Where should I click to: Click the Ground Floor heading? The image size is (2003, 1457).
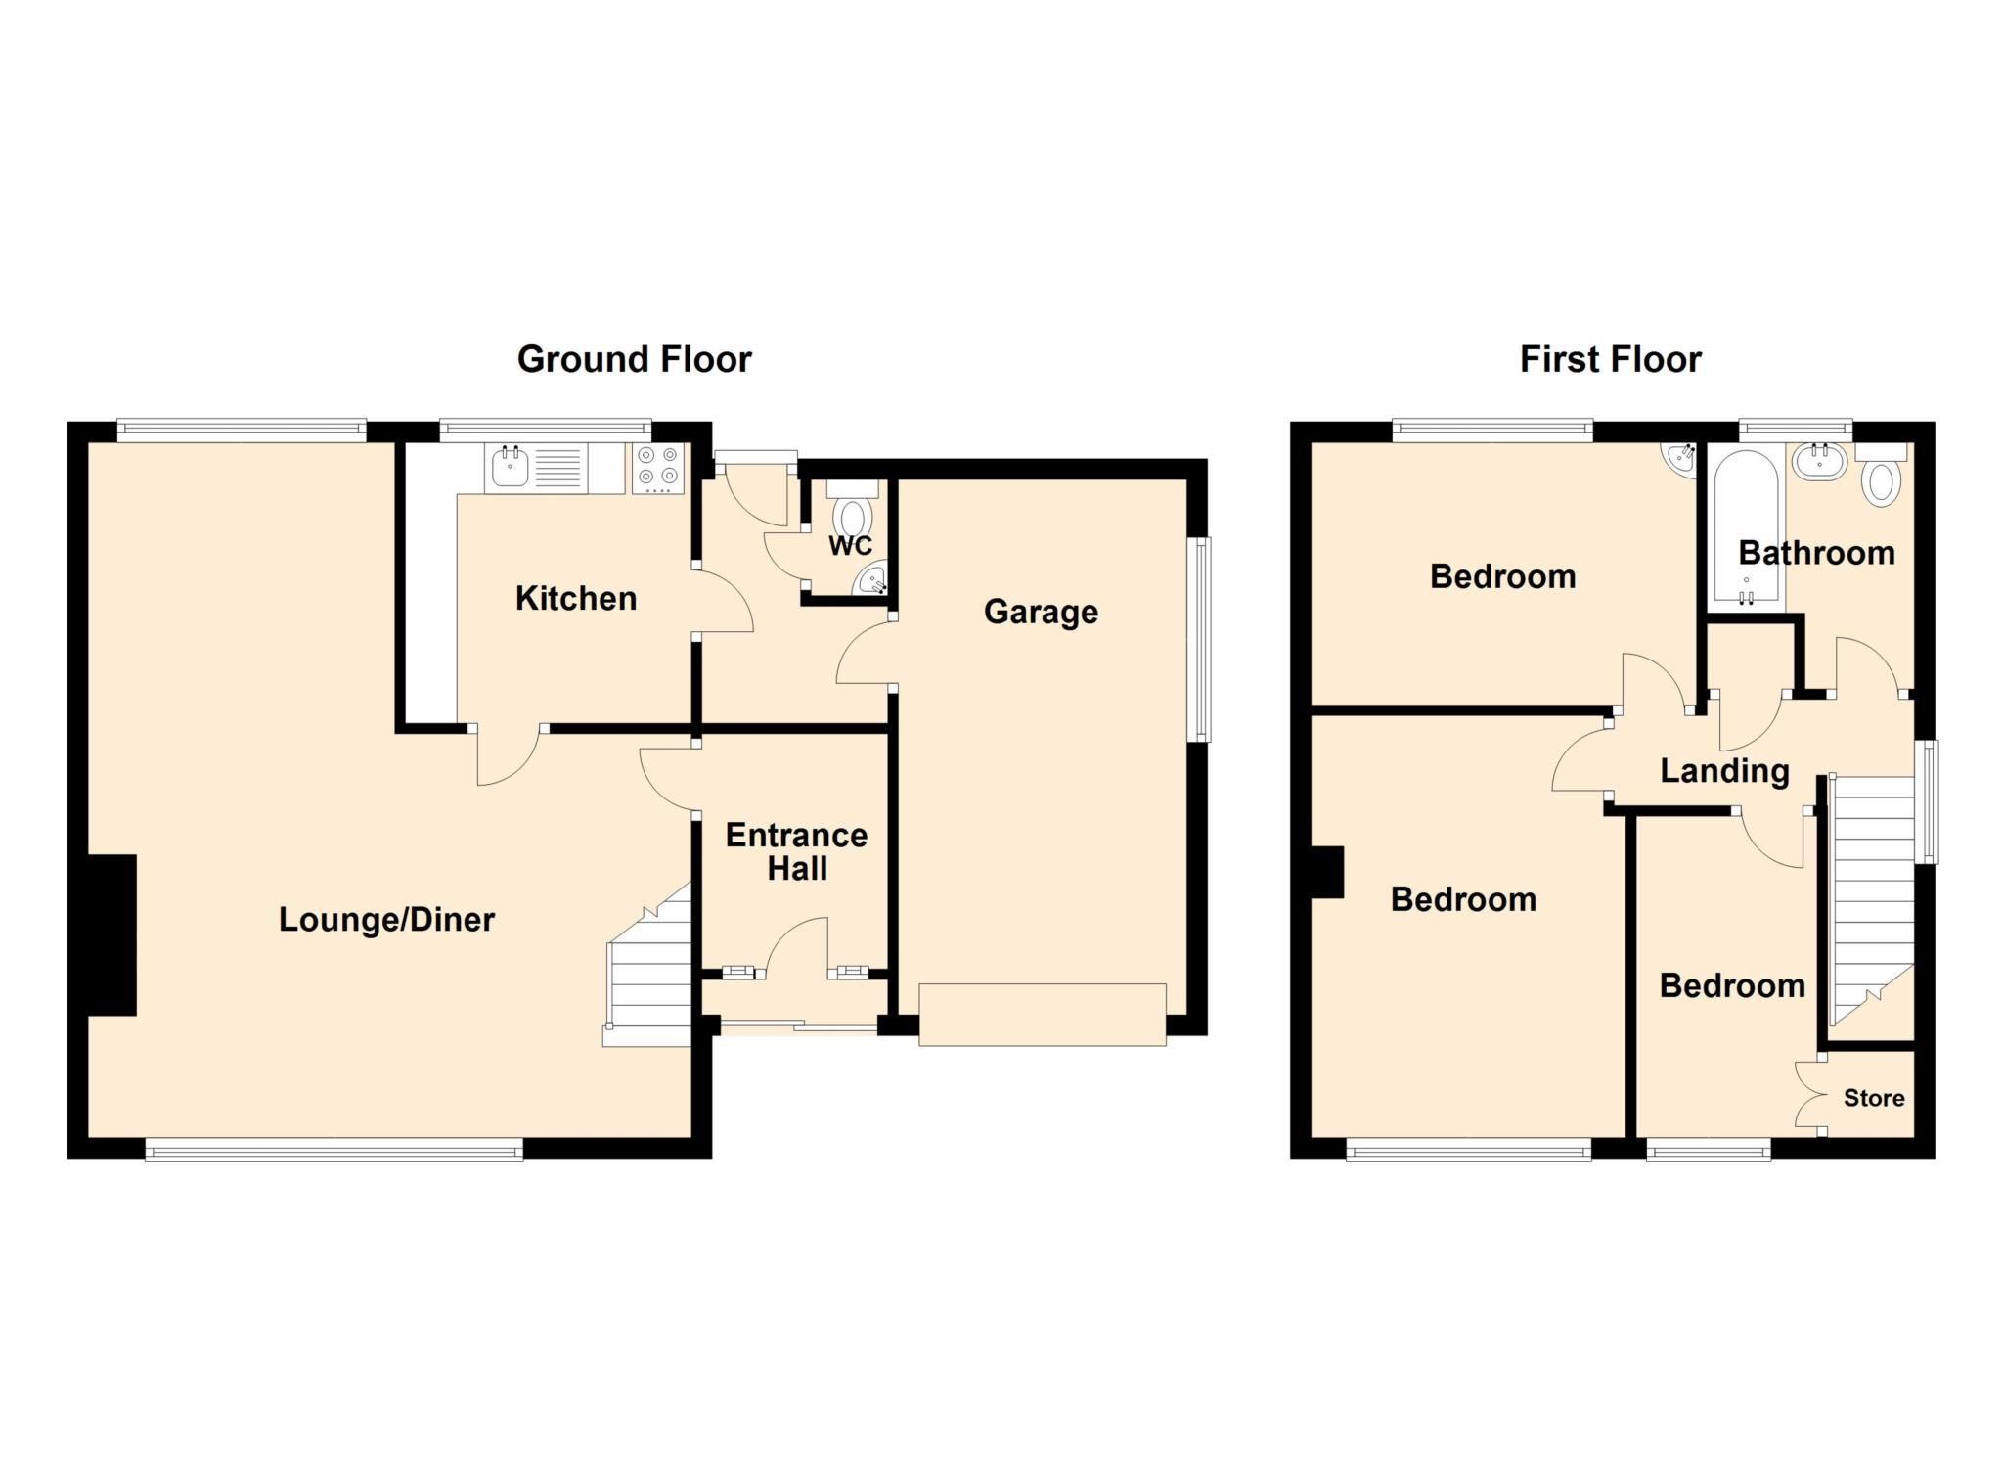click(x=634, y=359)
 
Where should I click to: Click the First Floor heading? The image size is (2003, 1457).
click(x=1610, y=359)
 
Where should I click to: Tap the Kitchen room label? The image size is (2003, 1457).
click(x=576, y=598)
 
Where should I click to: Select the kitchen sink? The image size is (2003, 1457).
click(x=510, y=469)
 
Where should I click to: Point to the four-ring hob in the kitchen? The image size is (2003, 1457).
click(x=658, y=467)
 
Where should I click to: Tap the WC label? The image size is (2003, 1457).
click(x=850, y=546)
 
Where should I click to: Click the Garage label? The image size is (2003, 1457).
click(x=1041, y=612)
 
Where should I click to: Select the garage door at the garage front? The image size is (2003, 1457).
click(x=1043, y=1014)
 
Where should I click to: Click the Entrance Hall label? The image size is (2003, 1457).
click(x=796, y=851)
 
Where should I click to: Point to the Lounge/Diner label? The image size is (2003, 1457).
click(x=386, y=919)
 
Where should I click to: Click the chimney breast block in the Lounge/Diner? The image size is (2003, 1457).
click(x=111, y=934)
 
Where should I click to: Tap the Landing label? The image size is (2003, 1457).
click(x=1724, y=771)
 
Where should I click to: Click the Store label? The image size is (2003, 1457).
click(x=1873, y=1098)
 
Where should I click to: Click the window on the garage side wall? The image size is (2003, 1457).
click(x=1198, y=638)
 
